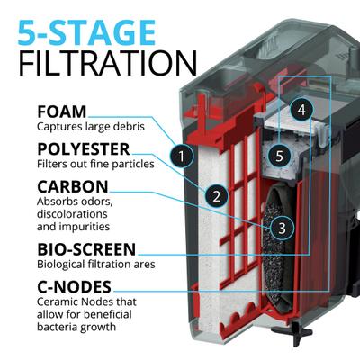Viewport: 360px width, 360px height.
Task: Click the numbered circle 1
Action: (x=183, y=157)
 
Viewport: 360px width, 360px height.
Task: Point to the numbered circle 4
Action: (x=302, y=110)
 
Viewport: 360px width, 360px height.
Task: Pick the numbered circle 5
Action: (x=280, y=156)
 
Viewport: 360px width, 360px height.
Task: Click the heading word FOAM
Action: (x=61, y=112)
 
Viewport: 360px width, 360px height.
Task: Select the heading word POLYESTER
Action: (x=83, y=148)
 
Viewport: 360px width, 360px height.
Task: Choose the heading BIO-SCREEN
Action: (x=86, y=247)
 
